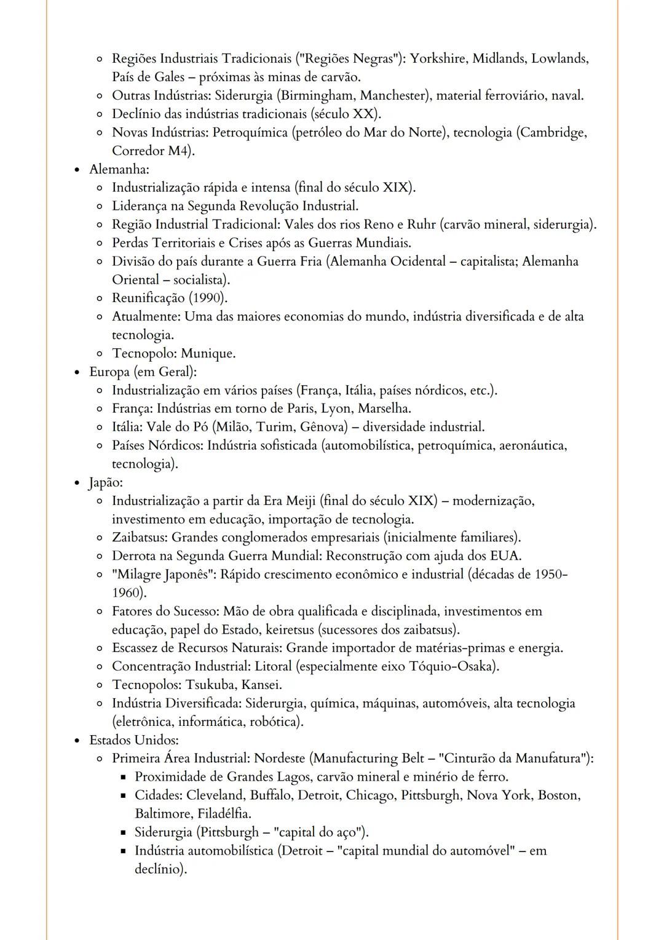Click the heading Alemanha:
click(119, 169)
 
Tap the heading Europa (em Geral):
click(143, 372)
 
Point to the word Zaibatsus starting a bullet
click(139, 538)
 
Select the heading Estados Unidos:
click(134, 740)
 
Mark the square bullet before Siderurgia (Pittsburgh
click(122, 833)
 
